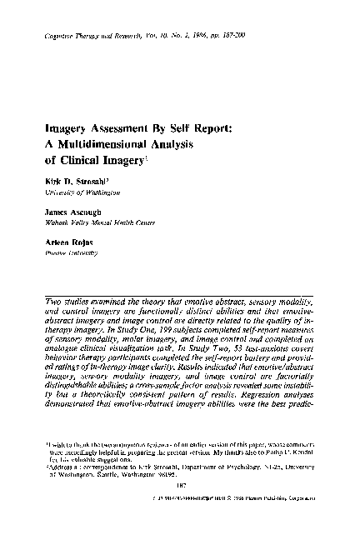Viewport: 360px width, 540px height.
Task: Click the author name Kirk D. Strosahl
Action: (72, 181)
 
